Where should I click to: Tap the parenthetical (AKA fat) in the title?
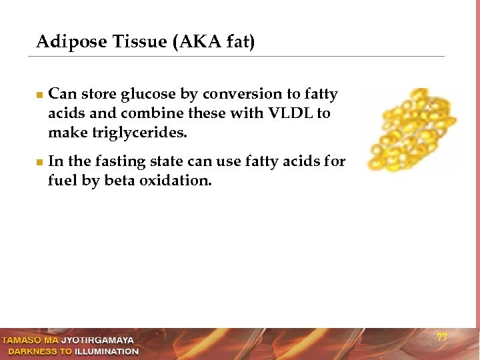[214, 42]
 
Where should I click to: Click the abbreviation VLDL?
[289, 114]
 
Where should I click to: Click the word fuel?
[62, 181]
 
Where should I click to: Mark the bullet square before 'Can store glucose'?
[39, 95]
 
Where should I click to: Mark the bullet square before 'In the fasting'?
[39, 162]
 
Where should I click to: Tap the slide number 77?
[441, 337]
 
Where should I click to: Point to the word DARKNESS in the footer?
[33, 351]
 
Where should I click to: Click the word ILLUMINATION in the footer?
[107, 351]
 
